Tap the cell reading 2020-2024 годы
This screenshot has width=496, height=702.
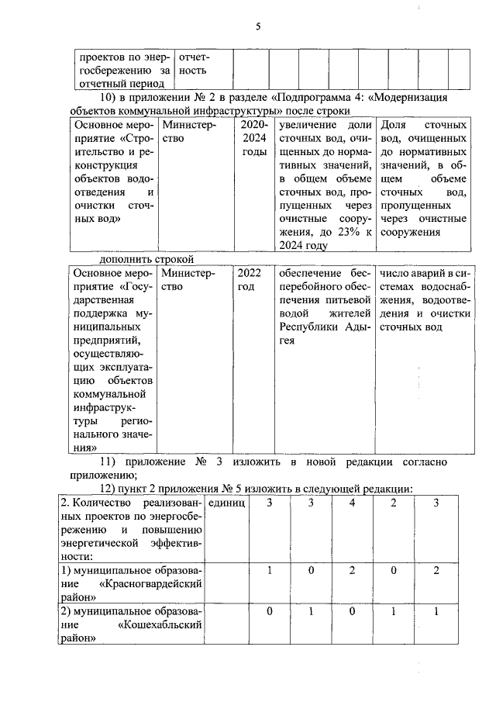pos(253,138)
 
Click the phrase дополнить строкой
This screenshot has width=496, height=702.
pos(146,259)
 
